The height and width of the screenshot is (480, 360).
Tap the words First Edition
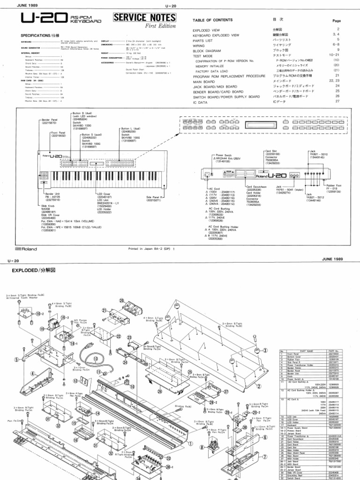(x=149, y=27)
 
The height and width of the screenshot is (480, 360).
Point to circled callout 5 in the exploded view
(x=17, y=360)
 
